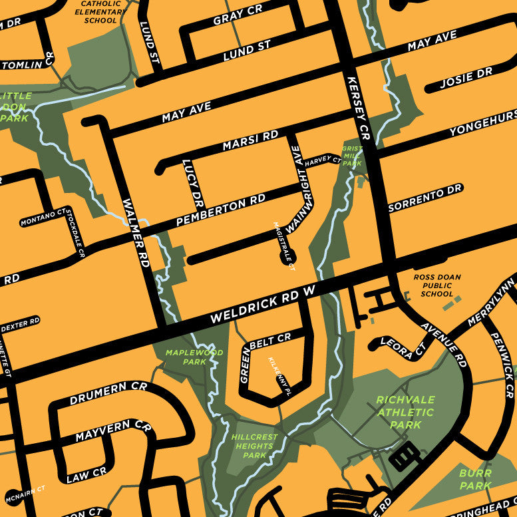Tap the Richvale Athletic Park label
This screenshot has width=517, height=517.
[x=405, y=412]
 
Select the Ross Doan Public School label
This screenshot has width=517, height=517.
[x=436, y=285]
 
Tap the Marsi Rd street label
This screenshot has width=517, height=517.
[x=250, y=140]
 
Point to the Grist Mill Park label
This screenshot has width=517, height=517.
[x=351, y=156]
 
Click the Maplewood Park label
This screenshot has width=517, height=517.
[x=185, y=357]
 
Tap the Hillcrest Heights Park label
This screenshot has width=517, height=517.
[x=255, y=446]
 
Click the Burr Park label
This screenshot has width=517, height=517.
[x=475, y=479]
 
